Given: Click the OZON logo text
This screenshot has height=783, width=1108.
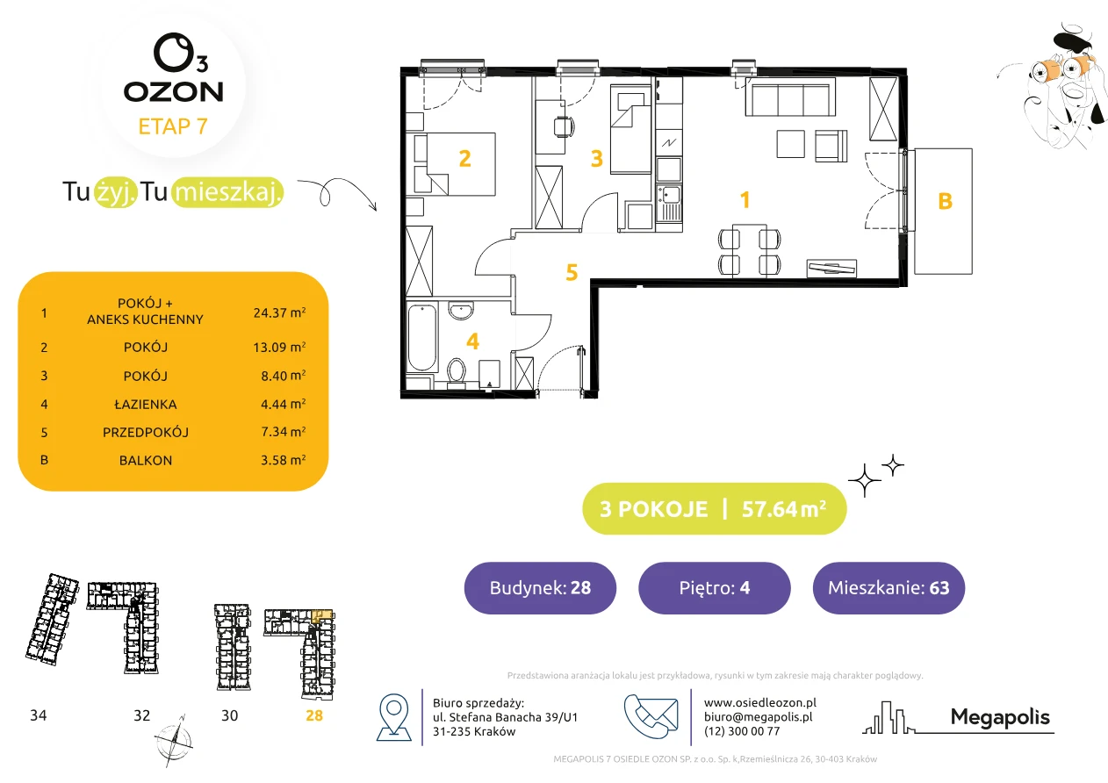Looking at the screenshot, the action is (x=173, y=91).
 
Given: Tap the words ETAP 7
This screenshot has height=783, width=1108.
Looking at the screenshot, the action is (x=173, y=126).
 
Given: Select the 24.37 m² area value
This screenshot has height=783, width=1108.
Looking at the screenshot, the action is (x=279, y=312).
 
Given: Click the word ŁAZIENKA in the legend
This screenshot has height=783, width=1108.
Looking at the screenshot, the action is (x=146, y=404).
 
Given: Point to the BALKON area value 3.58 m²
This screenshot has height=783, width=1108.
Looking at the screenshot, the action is (x=283, y=460).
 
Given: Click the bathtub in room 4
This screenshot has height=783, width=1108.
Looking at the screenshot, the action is (x=422, y=337).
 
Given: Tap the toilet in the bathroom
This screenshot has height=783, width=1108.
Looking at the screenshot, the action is (x=456, y=372).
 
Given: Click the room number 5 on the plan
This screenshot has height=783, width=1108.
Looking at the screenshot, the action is (x=572, y=272).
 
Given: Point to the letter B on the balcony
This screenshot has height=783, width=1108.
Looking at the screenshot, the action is (x=945, y=201).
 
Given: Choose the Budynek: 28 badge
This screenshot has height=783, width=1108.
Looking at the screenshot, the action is (x=540, y=587).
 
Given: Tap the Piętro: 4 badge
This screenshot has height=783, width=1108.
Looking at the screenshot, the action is (x=715, y=587).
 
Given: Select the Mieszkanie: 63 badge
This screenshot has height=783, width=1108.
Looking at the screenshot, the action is (x=889, y=587).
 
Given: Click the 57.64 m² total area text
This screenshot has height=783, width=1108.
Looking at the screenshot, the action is (x=783, y=509).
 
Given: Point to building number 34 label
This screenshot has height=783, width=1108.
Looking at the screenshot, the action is (x=38, y=715).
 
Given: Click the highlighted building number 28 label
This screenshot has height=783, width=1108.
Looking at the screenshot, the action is (x=314, y=715).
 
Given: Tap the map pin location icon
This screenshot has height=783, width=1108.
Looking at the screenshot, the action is (x=393, y=716).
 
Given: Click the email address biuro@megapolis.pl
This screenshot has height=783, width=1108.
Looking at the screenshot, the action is (x=759, y=716).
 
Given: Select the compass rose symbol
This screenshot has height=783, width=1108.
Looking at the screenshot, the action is (x=174, y=741).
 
